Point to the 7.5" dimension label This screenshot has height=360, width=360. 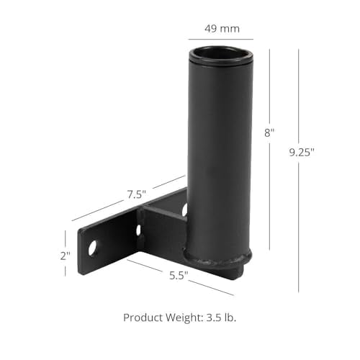(x=136, y=194)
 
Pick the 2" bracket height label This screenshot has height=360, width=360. (x=65, y=256)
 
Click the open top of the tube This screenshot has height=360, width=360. (x=220, y=53)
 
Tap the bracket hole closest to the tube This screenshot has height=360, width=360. (x=184, y=210)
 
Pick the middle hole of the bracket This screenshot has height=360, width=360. (x=138, y=230)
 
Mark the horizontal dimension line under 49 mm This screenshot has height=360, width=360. (x=220, y=39)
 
